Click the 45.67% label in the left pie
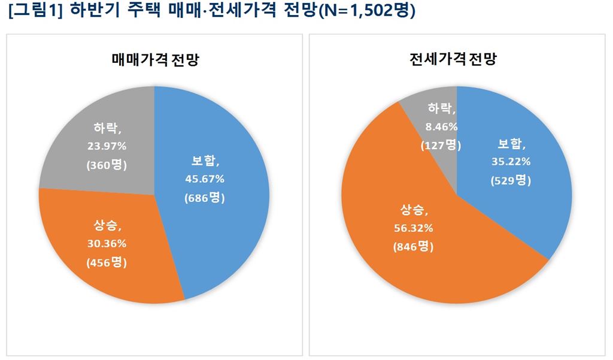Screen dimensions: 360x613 click(x=204, y=179)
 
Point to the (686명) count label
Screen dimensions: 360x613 click(x=204, y=197)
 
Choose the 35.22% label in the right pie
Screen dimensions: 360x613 click(x=511, y=161)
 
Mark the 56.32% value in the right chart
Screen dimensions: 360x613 click(x=413, y=228)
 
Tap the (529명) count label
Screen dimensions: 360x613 click(x=511, y=180)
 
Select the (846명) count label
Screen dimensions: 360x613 click(x=413, y=246)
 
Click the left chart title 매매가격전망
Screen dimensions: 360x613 click(x=155, y=60)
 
